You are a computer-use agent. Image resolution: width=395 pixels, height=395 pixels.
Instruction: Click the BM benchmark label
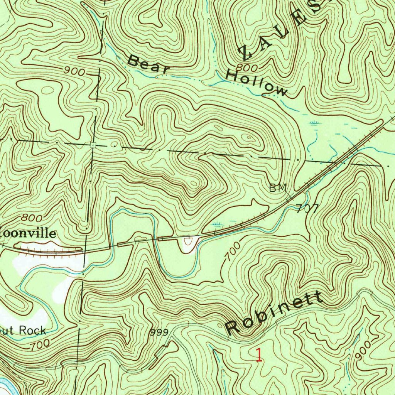(x=278, y=188)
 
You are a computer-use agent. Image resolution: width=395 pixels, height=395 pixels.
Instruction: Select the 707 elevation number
(x=307, y=209)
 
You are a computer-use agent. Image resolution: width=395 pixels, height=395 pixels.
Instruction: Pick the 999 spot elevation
(x=159, y=332)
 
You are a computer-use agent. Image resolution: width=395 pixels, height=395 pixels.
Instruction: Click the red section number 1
(x=259, y=354)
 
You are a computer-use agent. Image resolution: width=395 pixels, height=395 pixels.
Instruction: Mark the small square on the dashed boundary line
(x=93, y=145)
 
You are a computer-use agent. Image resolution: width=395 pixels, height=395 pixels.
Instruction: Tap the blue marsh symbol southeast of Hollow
(x=314, y=123)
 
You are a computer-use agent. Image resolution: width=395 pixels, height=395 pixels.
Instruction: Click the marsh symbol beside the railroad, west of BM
(x=218, y=223)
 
